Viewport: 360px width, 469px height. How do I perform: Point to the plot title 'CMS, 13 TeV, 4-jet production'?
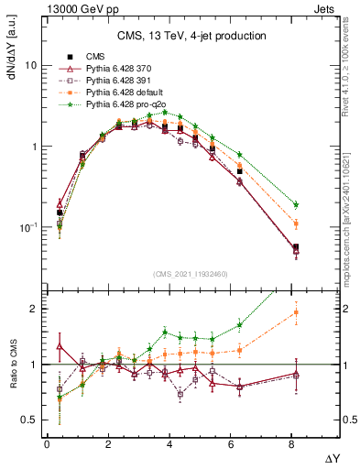point(191,36)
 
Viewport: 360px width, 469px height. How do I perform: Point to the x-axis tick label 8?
point(295,445)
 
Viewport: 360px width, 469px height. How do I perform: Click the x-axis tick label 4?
point(171,445)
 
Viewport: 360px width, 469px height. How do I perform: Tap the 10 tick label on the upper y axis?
point(31,66)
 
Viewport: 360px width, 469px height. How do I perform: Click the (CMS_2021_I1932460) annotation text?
point(191,272)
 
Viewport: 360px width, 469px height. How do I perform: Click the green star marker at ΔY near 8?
point(296,205)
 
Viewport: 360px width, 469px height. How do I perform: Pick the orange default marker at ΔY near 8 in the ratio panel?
point(296,312)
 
